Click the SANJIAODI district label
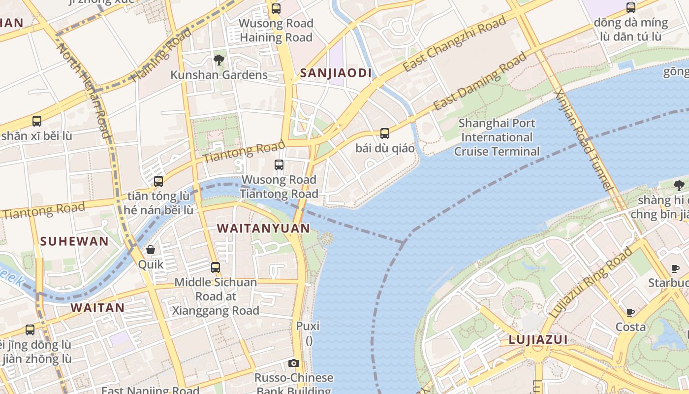336,73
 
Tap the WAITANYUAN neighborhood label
263,229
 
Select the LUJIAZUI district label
538,339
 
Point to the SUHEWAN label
74,241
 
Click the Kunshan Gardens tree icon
219,60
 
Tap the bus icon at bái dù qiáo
385,133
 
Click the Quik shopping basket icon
151,250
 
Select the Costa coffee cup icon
630,312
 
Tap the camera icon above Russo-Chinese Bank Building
294,363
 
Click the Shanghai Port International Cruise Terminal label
497,137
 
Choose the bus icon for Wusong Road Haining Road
276,8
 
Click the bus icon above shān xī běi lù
36,121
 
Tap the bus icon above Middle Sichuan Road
216,267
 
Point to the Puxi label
308,326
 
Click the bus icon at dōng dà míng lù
630,7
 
